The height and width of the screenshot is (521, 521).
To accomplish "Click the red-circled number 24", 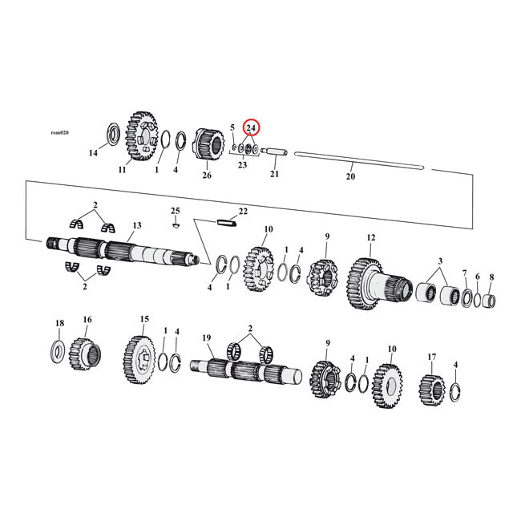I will coord(251,127).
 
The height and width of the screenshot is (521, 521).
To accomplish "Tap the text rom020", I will coord(59,132).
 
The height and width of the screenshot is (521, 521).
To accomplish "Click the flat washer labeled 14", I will coord(113,132).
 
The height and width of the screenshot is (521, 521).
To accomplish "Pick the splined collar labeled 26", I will coord(209,147).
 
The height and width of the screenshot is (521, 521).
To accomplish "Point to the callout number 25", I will coord(175,211).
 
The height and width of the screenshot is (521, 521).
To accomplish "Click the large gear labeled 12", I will coord(367,284).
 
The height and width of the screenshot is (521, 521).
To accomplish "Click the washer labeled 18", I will coord(60,349).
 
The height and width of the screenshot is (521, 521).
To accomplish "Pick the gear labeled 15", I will coord(141,355).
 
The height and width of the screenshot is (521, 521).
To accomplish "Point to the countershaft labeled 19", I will coord(240,370).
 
